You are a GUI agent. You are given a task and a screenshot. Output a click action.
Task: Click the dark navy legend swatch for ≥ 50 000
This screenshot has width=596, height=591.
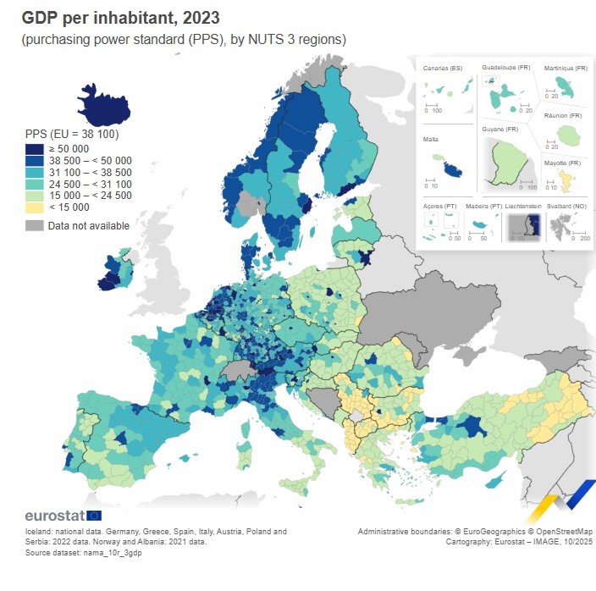click(35, 149)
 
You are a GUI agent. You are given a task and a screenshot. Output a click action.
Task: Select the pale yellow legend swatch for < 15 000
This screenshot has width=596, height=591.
click(35, 207)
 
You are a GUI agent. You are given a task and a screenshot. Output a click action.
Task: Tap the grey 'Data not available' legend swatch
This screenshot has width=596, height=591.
click(35, 225)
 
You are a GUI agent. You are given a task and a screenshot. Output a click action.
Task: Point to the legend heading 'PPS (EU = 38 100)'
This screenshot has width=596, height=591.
click(72, 134)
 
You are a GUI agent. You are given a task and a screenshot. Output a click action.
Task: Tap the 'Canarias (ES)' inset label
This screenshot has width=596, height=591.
click(442, 68)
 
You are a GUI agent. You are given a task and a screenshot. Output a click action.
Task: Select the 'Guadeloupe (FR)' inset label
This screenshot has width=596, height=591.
click(506, 68)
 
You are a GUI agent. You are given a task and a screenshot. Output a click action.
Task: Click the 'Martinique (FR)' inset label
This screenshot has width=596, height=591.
click(566, 68)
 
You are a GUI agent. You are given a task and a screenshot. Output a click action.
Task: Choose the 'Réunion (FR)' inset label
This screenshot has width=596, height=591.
click(564, 115)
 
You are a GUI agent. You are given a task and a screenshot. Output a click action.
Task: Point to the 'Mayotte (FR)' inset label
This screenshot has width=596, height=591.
click(562, 163)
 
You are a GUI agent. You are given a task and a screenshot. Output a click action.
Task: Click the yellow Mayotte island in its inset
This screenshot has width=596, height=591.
click(563, 179)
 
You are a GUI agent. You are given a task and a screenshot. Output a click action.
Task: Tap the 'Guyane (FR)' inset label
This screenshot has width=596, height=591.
click(500, 130)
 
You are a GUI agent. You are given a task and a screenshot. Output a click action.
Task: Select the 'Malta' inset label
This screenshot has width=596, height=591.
click(431, 139)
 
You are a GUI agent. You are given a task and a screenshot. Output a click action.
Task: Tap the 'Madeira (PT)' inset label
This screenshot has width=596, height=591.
click(484, 206)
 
